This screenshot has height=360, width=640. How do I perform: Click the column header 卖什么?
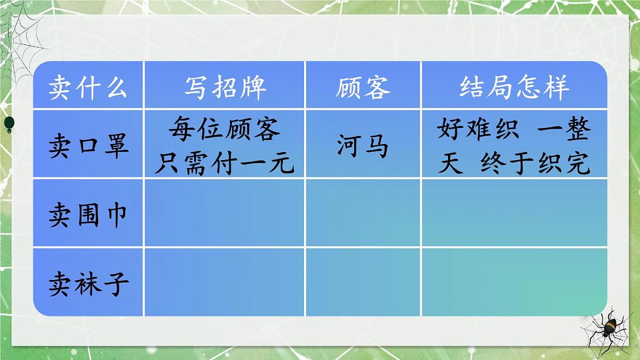click(x=88, y=87)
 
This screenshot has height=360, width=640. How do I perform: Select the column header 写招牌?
click(x=225, y=87)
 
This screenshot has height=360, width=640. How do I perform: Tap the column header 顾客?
click(x=363, y=87)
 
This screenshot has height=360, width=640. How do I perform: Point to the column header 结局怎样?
click(x=514, y=87)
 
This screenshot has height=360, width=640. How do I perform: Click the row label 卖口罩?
click(x=88, y=146)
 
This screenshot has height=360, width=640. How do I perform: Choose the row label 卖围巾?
click(x=88, y=215)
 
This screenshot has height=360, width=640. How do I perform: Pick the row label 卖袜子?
click(x=88, y=283)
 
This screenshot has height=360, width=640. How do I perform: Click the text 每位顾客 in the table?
click(x=225, y=129)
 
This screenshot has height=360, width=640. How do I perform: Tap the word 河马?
click(x=363, y=146)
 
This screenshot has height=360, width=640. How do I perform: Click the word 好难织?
click(x=478, y=129)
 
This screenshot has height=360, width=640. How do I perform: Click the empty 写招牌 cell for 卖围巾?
click(x=225, y=213)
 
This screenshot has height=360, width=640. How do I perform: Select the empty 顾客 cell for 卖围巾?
click(x=363, y=213)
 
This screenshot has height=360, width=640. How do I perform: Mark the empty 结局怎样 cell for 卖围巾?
click(x=514, y=213)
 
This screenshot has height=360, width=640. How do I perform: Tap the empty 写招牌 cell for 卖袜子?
click(x=225, y=282)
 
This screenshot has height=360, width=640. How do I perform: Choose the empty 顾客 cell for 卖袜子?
click(x=363, y=282)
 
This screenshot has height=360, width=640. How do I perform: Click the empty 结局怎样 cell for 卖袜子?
click(x=514, y=282)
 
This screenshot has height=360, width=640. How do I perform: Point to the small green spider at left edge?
click(x=9, y=123)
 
